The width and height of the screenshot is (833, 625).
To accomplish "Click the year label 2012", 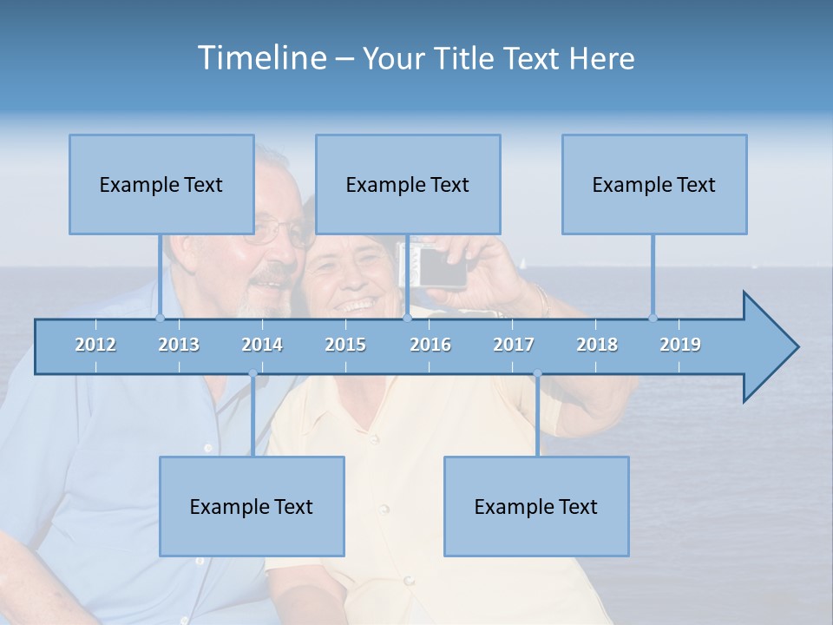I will tap(95, 345).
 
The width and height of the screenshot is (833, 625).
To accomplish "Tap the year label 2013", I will tap(179, 345).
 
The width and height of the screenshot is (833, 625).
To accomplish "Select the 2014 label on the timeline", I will tap(262, 345).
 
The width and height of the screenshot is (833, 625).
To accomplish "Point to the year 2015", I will tap(345, 345).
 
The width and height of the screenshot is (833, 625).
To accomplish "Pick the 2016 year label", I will tap(430, 345).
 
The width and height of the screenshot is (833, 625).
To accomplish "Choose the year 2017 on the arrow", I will tap(514, 345).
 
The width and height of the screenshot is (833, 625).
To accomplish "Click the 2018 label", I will tap(597, 345).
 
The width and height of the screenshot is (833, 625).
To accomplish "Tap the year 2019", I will tap(680, 345).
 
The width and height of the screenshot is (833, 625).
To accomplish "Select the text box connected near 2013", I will tap(161, 184).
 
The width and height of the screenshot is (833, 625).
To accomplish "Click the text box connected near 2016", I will tap(408, 184).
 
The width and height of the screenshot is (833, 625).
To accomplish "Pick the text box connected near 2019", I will tap(654, 184).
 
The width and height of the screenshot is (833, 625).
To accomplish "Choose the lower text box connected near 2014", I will tap(252, 506).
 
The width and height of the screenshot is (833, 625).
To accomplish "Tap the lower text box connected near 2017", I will tap(536, 506).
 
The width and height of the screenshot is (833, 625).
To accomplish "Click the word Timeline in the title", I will tap(260, 58).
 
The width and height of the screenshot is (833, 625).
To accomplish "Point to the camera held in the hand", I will tap(439, 267).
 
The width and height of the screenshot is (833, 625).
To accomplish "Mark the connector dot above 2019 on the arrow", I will tap(653, 318).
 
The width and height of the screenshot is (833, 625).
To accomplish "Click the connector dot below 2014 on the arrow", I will tap(253, 374).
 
